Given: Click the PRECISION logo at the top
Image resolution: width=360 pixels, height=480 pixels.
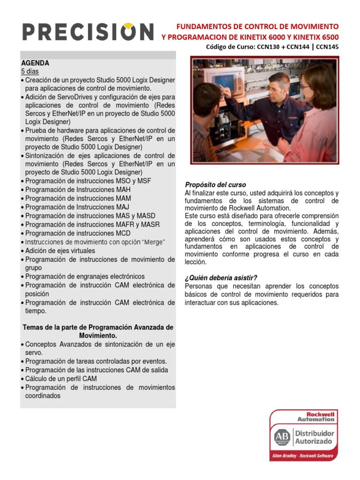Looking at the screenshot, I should click(x=88, y=32).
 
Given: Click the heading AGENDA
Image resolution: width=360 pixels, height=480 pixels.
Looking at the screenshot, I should click(x=35, y=63).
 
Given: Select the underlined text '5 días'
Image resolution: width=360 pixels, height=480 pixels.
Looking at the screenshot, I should click(x=30, y=71).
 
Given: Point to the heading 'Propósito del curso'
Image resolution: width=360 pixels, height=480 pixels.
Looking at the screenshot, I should click(x=215, y=185).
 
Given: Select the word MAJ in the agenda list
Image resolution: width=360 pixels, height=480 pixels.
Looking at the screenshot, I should click(x=121, y=207).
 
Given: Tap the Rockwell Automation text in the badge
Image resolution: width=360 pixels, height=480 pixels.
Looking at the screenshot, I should click(x=315, y=417).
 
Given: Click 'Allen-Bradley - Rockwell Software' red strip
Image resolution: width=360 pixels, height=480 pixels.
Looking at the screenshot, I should click(x=302, y=456).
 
